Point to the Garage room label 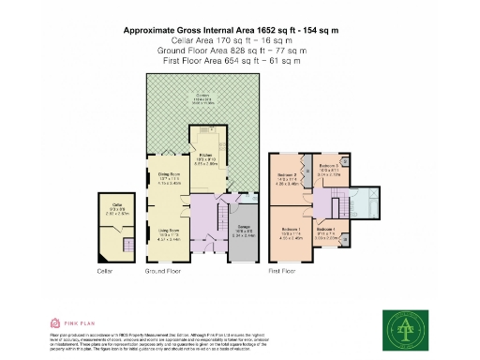[x=241, y=230]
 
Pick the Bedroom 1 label [x=292, y=230]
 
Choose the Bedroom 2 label [x=287, y=174]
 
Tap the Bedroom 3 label [x=328, y=165]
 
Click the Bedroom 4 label [x=325, y=230]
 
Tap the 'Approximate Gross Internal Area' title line [x=231, y=31]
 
